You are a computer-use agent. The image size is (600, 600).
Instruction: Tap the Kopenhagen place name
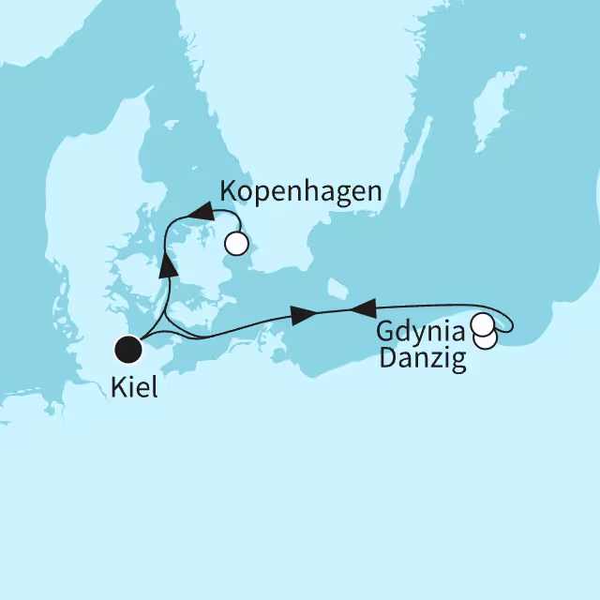(300, 192)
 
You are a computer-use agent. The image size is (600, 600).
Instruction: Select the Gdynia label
(420, 332)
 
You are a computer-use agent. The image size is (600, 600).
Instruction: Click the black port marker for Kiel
(127, 350)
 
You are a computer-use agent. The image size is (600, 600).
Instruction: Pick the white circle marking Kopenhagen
(236, 245)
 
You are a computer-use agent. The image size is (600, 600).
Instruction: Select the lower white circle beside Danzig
(486, 338)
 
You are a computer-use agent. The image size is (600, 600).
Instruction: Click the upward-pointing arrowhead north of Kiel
(168, 266)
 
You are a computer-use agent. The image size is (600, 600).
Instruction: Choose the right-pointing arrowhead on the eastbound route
(302, 317)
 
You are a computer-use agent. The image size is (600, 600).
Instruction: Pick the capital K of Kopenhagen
(228, 192)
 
